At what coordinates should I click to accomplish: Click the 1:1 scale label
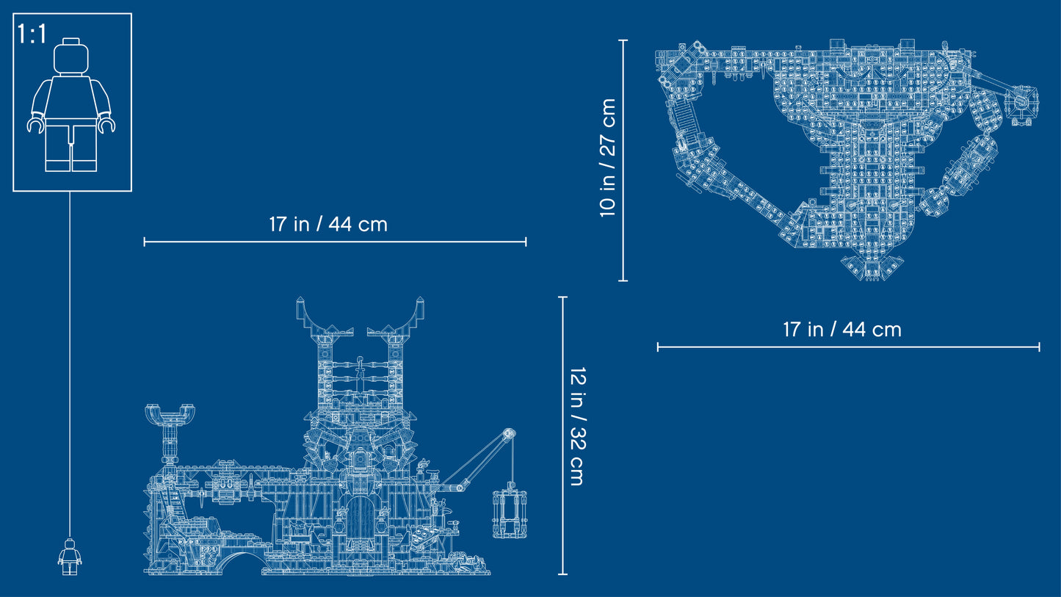(x=32, y=34)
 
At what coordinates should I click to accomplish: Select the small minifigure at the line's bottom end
(x=70, y=556)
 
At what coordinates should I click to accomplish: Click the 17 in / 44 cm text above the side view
(x=327, y=224)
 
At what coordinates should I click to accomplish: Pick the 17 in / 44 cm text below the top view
(x=841, y=330)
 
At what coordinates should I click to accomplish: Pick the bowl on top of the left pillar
(x=169, y=413)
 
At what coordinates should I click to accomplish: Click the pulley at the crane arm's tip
(x=507, y=435)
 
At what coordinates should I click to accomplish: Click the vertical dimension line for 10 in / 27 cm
(x=623, y=160)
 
